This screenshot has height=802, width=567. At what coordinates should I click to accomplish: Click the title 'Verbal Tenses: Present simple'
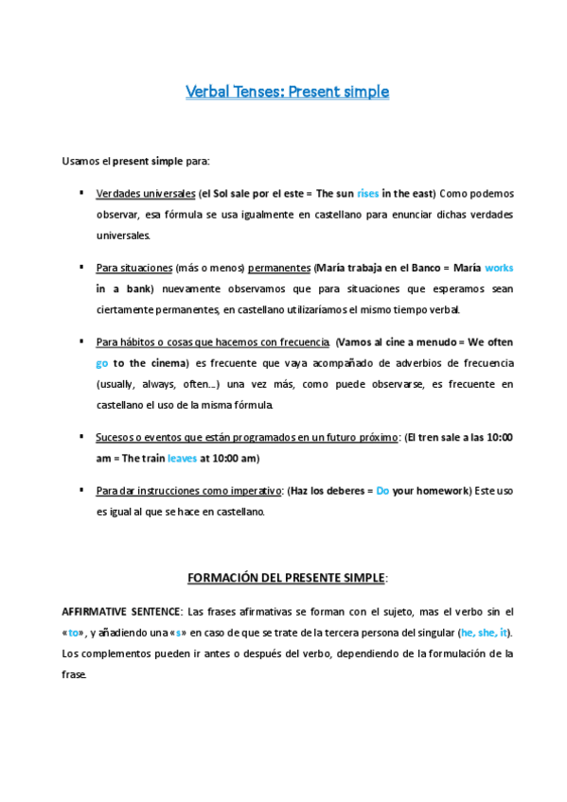[287, 93]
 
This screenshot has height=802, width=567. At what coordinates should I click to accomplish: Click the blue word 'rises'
[368, 194]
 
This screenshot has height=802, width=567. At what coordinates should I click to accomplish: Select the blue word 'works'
[498, 268]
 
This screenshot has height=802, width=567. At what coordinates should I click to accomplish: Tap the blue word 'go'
[102, 363]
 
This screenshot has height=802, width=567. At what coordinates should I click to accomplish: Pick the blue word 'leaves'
[183, 459]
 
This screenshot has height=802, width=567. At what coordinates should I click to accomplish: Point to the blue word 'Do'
[382, 491]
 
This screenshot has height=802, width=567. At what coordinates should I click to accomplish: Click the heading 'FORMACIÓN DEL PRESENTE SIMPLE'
[286, 577]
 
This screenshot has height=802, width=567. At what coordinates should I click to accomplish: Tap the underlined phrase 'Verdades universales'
[144, 194]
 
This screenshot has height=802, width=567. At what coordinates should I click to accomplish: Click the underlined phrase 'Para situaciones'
[133, 268]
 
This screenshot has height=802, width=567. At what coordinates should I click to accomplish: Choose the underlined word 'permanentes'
[279, 268]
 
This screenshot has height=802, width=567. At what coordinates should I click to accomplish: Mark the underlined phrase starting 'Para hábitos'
[212, 342]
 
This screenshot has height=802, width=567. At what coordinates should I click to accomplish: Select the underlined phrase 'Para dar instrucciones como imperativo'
[189, 491]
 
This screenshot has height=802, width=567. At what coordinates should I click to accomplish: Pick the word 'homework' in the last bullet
[442, 491]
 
